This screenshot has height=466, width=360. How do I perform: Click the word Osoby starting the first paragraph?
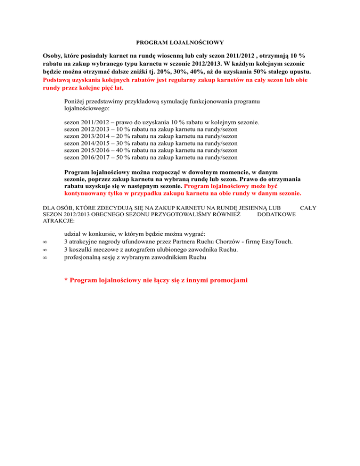pos(53,55)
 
